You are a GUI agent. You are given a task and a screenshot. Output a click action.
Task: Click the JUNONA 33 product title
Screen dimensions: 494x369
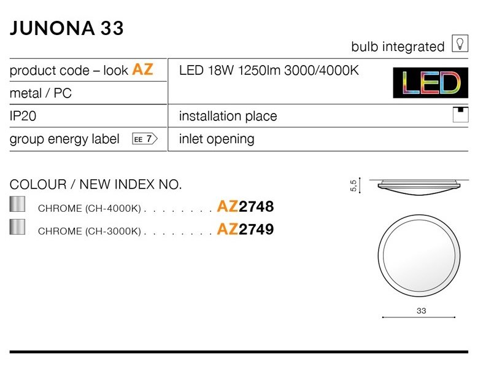click(66, 28)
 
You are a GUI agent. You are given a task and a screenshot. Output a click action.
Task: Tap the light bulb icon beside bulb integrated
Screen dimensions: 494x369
click(460, 43)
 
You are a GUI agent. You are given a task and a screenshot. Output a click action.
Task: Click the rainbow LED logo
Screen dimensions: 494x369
click(430, 82)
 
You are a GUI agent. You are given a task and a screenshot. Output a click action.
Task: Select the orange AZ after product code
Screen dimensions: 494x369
click(143, 69)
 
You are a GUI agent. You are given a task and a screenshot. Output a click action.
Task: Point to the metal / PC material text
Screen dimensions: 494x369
click(41, 93)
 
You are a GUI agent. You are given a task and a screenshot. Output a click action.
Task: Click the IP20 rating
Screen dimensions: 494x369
click(23, 116)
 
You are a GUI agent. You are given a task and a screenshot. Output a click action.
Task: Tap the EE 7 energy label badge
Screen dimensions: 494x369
click(145, 139)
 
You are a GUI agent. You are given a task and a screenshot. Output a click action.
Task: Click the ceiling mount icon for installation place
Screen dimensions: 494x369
click(461, 115)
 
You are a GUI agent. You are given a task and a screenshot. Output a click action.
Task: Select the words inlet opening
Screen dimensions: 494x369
click(217, 139)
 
